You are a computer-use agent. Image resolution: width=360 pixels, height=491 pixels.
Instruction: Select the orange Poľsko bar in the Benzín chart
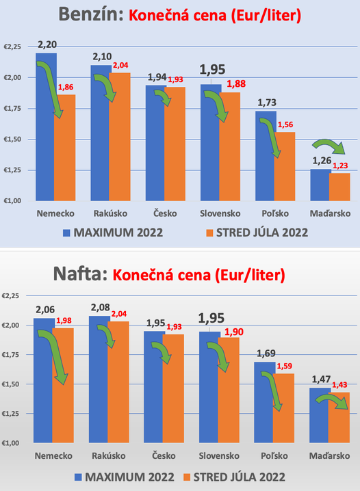pos(285,164)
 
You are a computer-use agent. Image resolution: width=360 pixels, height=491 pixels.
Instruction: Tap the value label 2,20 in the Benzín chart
pos(47,45)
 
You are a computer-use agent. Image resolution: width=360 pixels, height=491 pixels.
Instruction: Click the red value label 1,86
pos(66,88)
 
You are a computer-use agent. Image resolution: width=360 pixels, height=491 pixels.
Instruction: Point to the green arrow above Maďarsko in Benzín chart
pos(324,146)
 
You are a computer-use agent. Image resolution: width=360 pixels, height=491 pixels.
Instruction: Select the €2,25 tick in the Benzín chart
pos(12,47)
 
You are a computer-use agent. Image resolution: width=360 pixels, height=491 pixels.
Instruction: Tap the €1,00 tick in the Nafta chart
pos(12,443)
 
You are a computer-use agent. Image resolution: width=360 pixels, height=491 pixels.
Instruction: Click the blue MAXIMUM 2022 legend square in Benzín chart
pos(66,233)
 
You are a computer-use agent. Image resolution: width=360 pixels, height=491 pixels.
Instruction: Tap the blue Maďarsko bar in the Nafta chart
pos(319,415)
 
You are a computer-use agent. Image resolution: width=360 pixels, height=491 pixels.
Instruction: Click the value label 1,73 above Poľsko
pos(266,103)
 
